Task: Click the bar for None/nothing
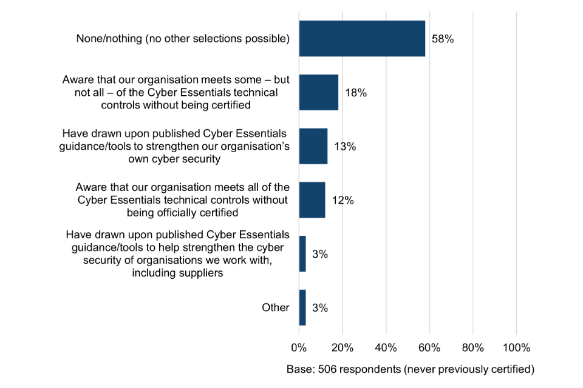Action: point(362,39)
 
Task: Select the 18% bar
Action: point(318,93)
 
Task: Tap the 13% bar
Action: point(313,146)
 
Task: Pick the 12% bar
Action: point(312,200)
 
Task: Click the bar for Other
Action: point(302,307)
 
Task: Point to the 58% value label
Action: point(443,39)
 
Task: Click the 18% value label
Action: point(356,93)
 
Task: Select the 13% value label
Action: point(345,147)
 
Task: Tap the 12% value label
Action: point(343,200)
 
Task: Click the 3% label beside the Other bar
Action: point(320,307)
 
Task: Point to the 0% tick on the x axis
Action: point(299,348)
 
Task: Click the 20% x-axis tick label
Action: point(343,348)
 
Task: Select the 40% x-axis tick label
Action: point(386,348)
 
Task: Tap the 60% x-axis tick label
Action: point(429,348)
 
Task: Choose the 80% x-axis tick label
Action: point(472,348)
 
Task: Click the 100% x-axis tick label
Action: point(516,348)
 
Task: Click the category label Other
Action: point(276,307)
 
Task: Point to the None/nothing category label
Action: point(183,39)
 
